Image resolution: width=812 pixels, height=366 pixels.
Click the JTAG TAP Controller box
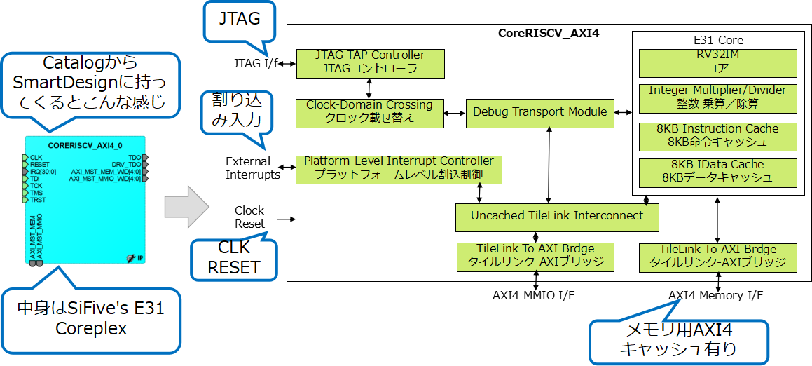370,62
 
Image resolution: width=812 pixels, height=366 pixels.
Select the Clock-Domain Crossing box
369,112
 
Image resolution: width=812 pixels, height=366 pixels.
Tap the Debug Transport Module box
539,112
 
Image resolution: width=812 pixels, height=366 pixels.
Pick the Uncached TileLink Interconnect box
557,217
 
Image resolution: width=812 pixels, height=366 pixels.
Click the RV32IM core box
717,62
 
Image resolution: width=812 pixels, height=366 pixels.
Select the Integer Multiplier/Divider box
717,97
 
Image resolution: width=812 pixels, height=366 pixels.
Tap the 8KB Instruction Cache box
717,135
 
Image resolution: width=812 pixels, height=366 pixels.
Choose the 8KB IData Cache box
717,172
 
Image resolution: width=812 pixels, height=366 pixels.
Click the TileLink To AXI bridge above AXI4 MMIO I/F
535,257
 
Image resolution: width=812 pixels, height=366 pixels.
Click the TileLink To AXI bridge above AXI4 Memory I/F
718,257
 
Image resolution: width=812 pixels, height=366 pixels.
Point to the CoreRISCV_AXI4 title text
549,33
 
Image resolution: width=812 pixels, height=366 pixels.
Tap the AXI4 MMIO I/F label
534,295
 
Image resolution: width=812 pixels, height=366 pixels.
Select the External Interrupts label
253,168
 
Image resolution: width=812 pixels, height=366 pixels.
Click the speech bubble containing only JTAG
240,20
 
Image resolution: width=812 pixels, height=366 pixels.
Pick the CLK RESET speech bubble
234,257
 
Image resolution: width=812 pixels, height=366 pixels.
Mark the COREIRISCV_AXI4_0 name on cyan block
86,145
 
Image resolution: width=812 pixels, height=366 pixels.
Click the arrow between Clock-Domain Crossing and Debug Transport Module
455,112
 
